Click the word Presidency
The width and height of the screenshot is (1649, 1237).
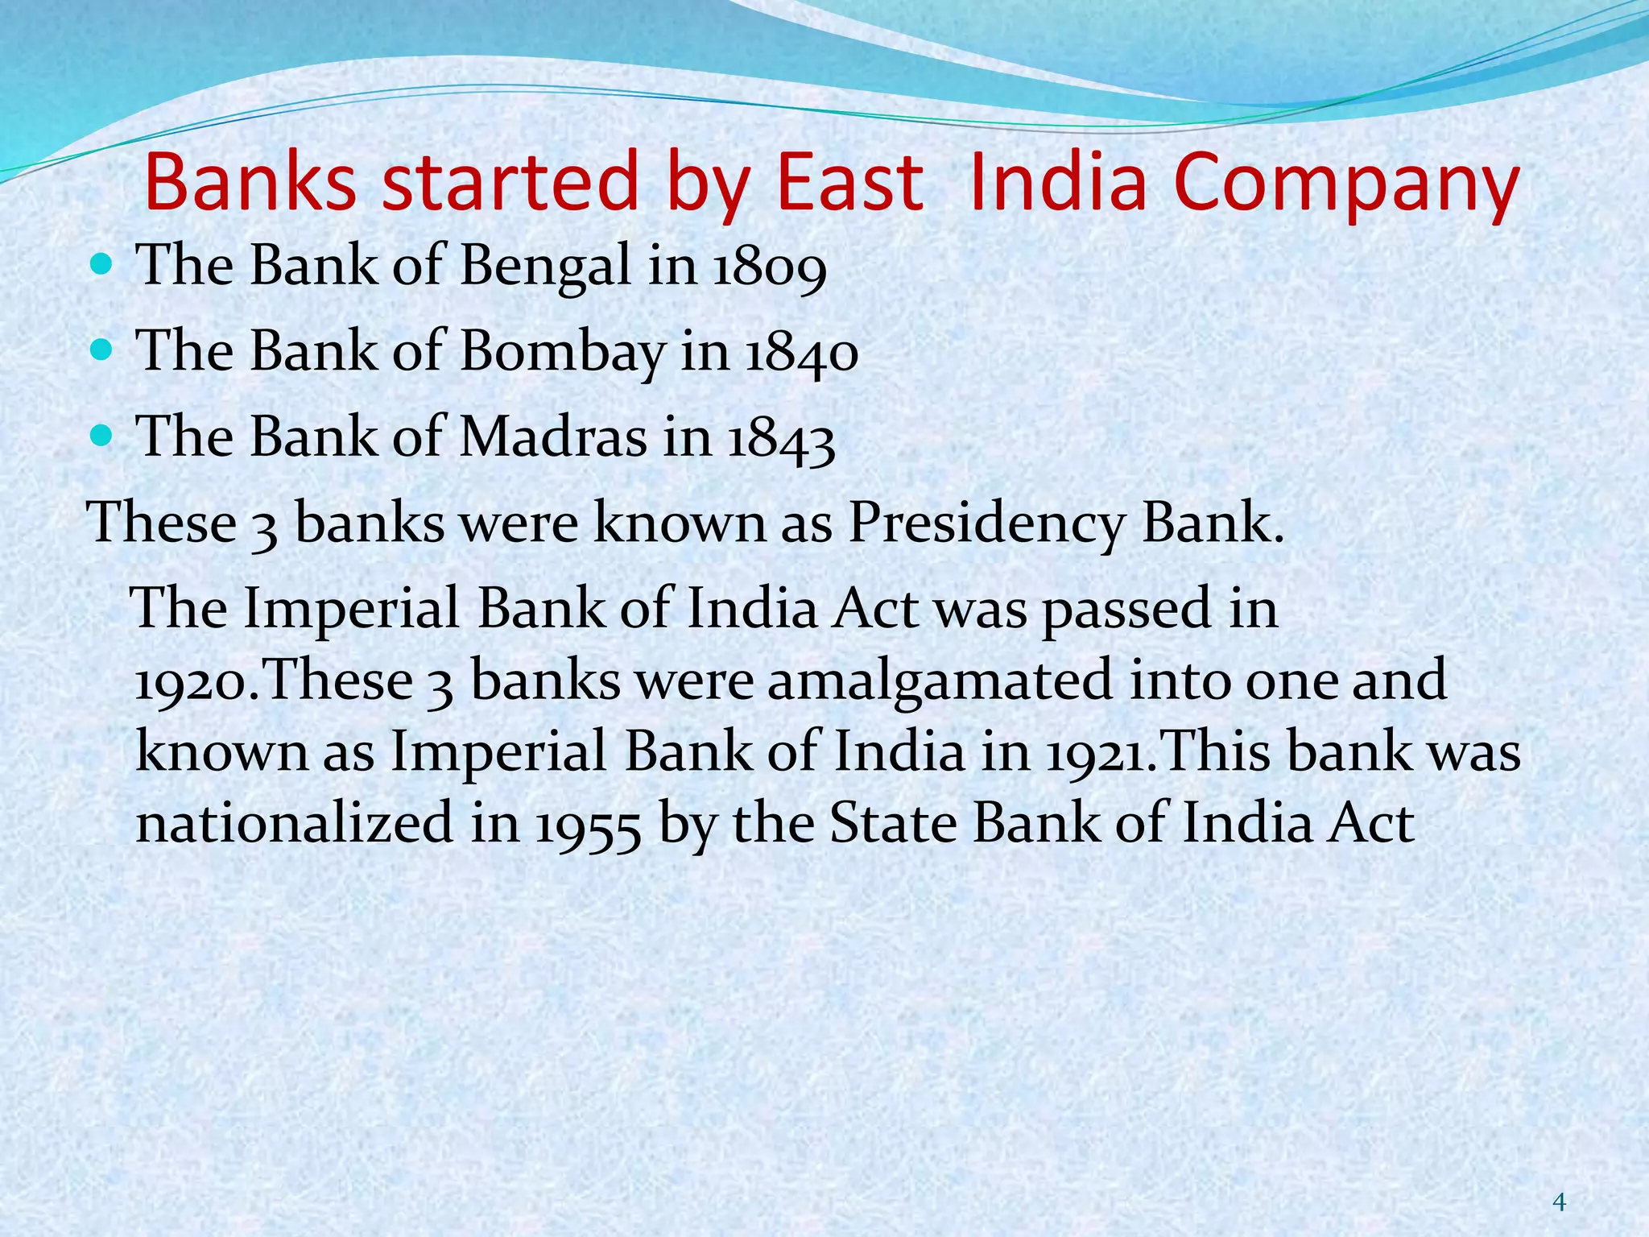[986, 524]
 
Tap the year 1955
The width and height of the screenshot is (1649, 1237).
[589, 825]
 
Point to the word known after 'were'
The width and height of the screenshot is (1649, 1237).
[680, 524]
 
